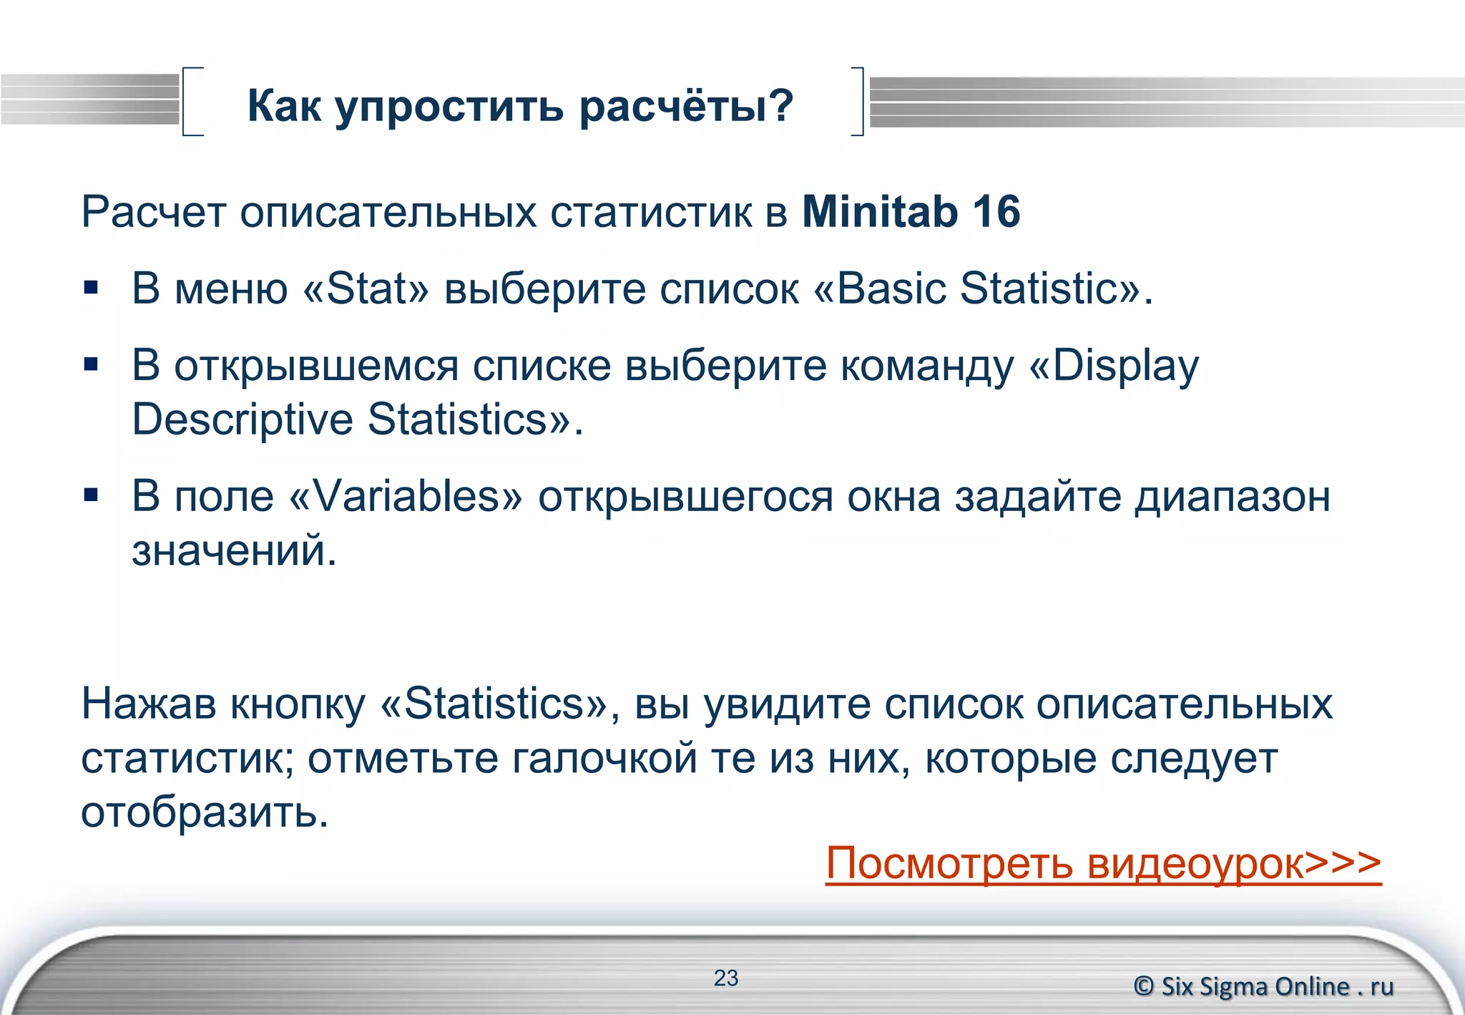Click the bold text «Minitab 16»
coord(911,212)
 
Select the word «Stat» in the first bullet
coord(366,288)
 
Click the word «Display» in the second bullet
coord(1125,366)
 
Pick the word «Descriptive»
coord(242,419)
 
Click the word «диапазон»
coord(1232,496)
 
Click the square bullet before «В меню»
coord(91,288)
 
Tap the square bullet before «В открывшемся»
coord(91,365)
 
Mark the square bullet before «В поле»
coord(91,495)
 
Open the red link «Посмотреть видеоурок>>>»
coord(1102,863)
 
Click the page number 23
coord(725,978)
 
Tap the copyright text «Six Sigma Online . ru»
coord(1276,986)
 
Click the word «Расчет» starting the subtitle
coord(153,212)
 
